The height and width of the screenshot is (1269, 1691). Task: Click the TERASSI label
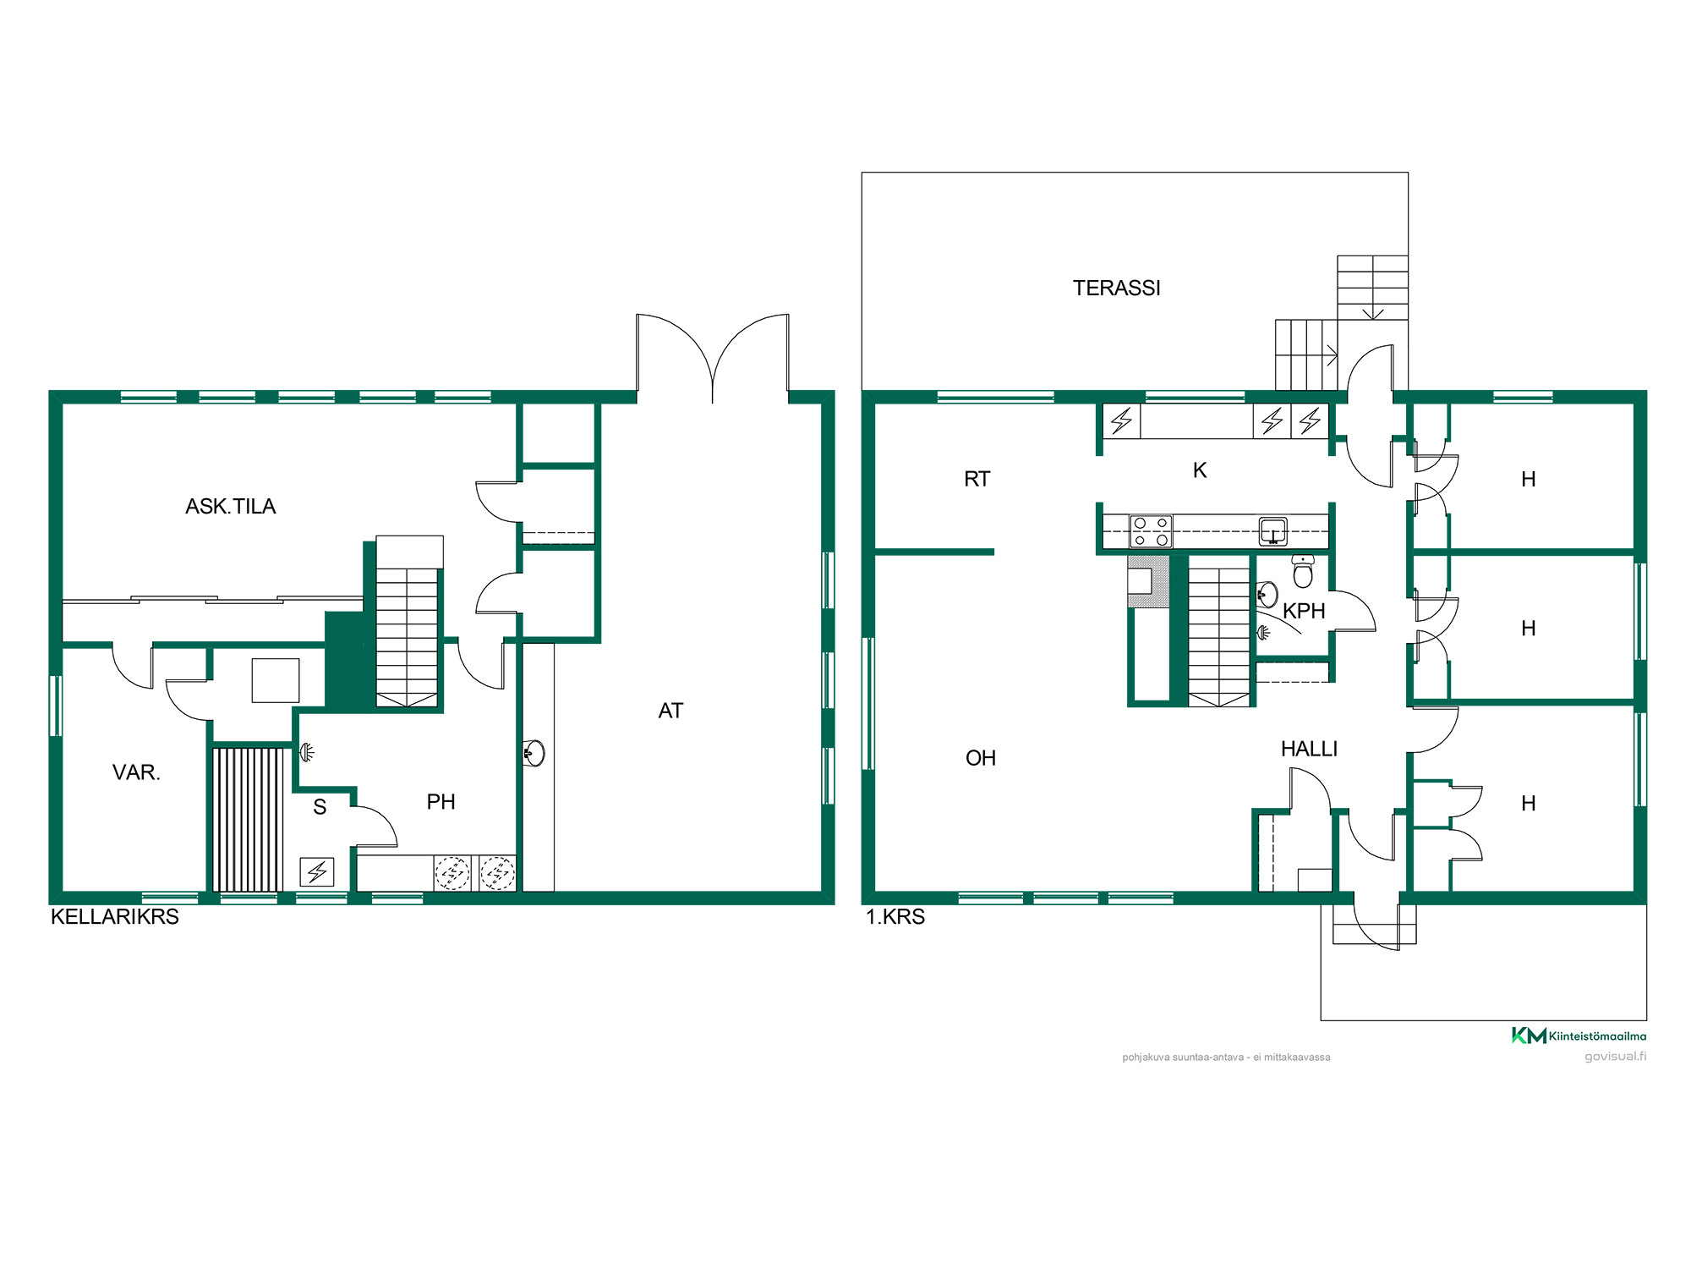coord(1116,288)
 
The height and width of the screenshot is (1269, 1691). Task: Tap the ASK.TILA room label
coord(231,507)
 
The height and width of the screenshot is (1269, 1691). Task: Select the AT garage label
coord(670,711)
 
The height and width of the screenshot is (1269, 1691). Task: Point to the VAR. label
coord(136,772)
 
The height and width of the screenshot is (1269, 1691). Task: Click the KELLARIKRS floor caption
coord(115,917)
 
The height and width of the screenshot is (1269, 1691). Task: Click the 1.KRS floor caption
coord(895,917)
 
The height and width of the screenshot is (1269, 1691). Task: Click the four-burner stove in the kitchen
coord(1151,531)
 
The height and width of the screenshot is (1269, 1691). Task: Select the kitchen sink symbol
coord(1273,530)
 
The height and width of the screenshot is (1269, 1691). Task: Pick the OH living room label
coord(981,758)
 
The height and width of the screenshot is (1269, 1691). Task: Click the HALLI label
coord(1309,749)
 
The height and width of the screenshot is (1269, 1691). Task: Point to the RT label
coord(977,479)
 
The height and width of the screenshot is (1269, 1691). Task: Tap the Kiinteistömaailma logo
coord(1579,1036)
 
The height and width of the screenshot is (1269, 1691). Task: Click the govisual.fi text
coord(1615,1057)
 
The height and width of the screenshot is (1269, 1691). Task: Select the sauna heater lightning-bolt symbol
coord(317,871)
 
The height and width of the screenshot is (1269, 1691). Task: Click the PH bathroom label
coord(441,802)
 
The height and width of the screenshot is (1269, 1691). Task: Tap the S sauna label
coord(320,807)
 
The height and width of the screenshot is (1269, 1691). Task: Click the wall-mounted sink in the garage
coord(534,752)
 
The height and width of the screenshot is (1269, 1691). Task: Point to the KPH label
coord(1304,611)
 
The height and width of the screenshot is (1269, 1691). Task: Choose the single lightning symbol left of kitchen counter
coord(1122,420)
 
